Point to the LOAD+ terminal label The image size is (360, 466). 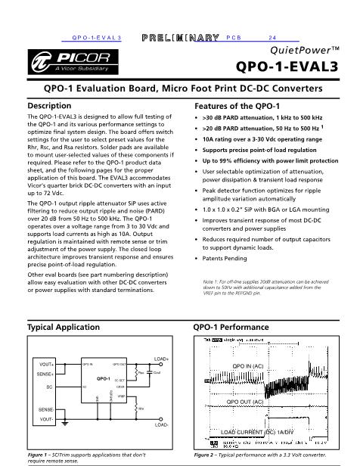coord(160,357)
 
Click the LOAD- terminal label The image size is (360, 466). coord(160,425)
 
